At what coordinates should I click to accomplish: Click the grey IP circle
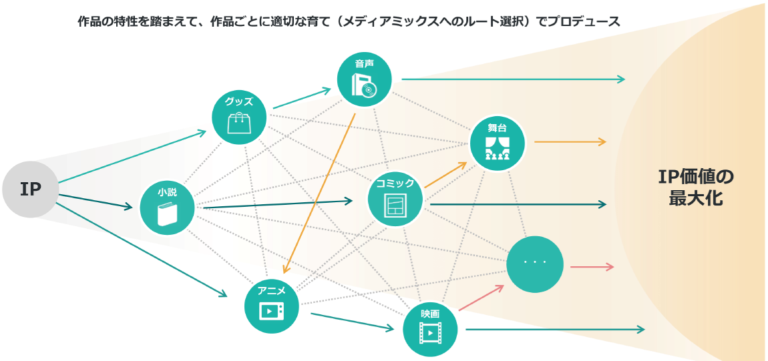(30, 190)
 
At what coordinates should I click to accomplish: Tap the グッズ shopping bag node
(239, 117)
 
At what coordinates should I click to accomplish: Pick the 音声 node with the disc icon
(364, 78)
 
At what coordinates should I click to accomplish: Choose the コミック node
(395, 198)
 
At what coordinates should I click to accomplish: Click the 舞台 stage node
(498, 143)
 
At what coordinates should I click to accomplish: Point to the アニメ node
(272, 306)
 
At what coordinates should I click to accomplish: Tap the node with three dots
(535, 263)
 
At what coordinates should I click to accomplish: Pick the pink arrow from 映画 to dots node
(481, 298)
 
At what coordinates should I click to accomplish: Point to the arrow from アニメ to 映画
(352, 321)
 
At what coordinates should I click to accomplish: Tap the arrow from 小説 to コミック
(277, 204)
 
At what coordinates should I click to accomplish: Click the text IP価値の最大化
(696, 187)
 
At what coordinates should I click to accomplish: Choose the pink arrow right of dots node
(592, 267)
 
